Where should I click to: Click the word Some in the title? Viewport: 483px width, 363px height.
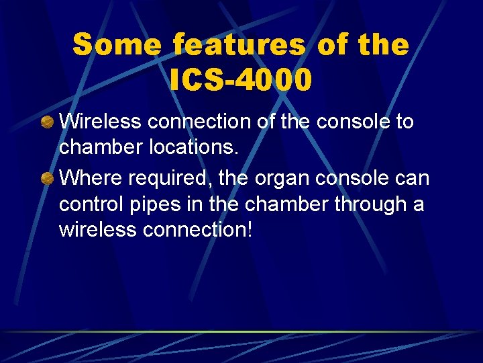(x=117, y=46)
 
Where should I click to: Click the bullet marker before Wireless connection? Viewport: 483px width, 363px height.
(x=47, y=123)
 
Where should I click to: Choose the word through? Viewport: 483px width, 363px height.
(x=364, y=204)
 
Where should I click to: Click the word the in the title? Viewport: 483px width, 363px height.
(x=384, y=46)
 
